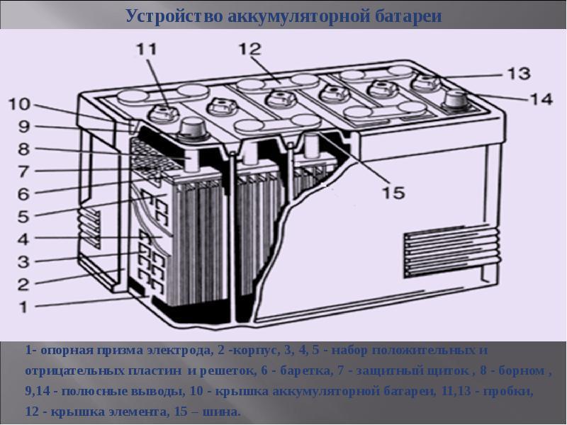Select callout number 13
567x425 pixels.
517,72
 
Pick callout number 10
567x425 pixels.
19,105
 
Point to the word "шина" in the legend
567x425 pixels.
224,412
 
